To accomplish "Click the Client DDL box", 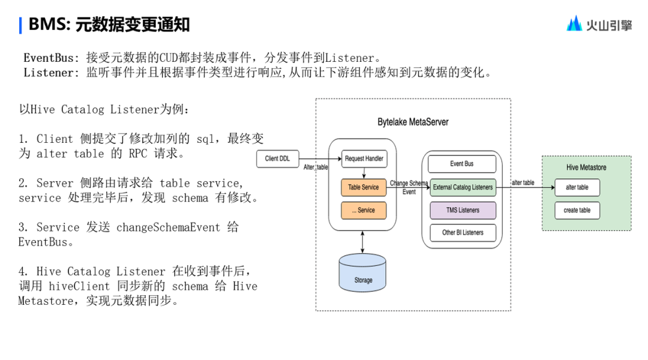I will [277, 159].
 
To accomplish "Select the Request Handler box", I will [364, 159].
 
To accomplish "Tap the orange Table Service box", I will [364, 187].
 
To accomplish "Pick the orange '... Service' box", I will [364, 210].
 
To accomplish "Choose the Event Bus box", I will [462, 164].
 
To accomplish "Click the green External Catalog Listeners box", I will [463, 187].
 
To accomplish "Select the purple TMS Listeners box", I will [463, 210].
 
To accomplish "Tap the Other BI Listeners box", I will [463, 232].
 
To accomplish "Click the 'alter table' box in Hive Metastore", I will [577, 187].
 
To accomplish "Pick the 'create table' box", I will [577, 210].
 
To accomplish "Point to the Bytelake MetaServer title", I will [413, 122].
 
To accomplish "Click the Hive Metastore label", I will [586, 167].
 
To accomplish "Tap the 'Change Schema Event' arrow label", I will [409, 187].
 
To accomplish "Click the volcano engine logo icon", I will [574, 23].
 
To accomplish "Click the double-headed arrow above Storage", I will [362, 242].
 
